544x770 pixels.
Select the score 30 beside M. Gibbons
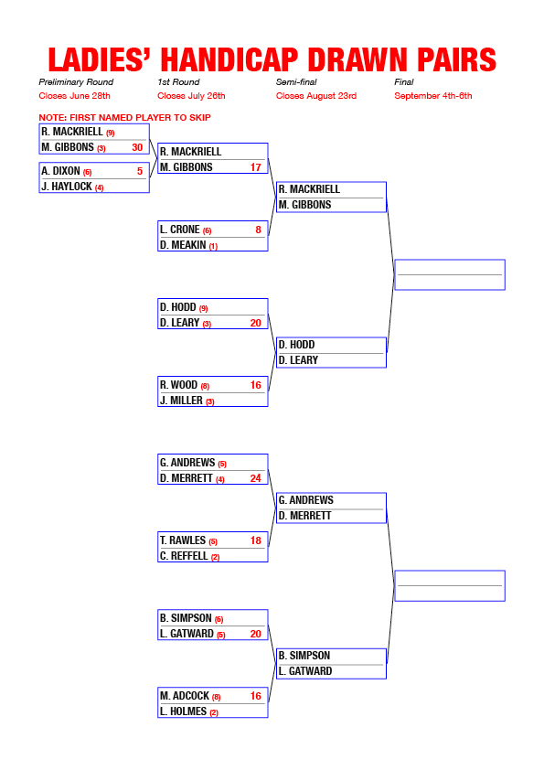click(137, 147)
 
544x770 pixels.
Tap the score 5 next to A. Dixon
click(140, 171)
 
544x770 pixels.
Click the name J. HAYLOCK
click(67, 187)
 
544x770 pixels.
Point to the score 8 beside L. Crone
click(258, 230)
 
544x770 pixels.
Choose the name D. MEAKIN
click(183, 244)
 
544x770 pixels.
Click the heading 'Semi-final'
click(296, 82)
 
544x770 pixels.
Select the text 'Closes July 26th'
click(191, 96)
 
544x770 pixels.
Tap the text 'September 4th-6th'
click(433, 96)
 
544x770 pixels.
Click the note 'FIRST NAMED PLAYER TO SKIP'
click(140, 117)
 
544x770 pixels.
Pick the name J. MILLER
click(181, 401)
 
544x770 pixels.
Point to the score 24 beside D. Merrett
click(256, 477)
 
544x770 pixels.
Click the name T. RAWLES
click(183, 540)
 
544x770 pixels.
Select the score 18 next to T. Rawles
click(256, 540)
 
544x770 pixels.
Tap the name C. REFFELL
click(184, 556)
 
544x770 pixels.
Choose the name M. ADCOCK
click(185, 696)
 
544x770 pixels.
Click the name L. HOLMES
click(183, 711)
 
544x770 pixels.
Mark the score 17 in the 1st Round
click(256, 167)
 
